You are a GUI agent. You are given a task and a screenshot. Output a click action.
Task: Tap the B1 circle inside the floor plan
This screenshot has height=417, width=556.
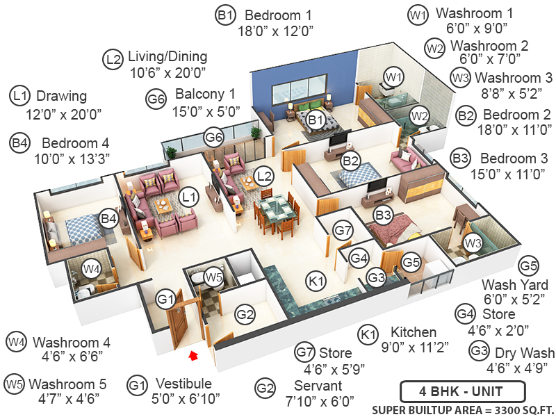[317, 120]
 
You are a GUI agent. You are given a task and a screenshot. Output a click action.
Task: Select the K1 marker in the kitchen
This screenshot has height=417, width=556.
[317, 281]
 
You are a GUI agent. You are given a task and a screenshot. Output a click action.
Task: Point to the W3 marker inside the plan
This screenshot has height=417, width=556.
[473, 243]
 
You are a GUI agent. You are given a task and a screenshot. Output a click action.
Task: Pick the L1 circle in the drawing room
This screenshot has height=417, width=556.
[188, 197]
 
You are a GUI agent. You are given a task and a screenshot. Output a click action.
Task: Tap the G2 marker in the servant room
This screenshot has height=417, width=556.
[245, 315]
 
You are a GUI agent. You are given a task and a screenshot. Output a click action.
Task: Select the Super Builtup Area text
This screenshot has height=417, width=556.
[461, 408]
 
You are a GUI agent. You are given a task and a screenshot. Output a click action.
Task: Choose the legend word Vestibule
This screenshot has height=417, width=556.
[184, 384]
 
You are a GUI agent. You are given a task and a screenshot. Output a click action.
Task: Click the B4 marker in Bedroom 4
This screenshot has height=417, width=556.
[108, 219]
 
